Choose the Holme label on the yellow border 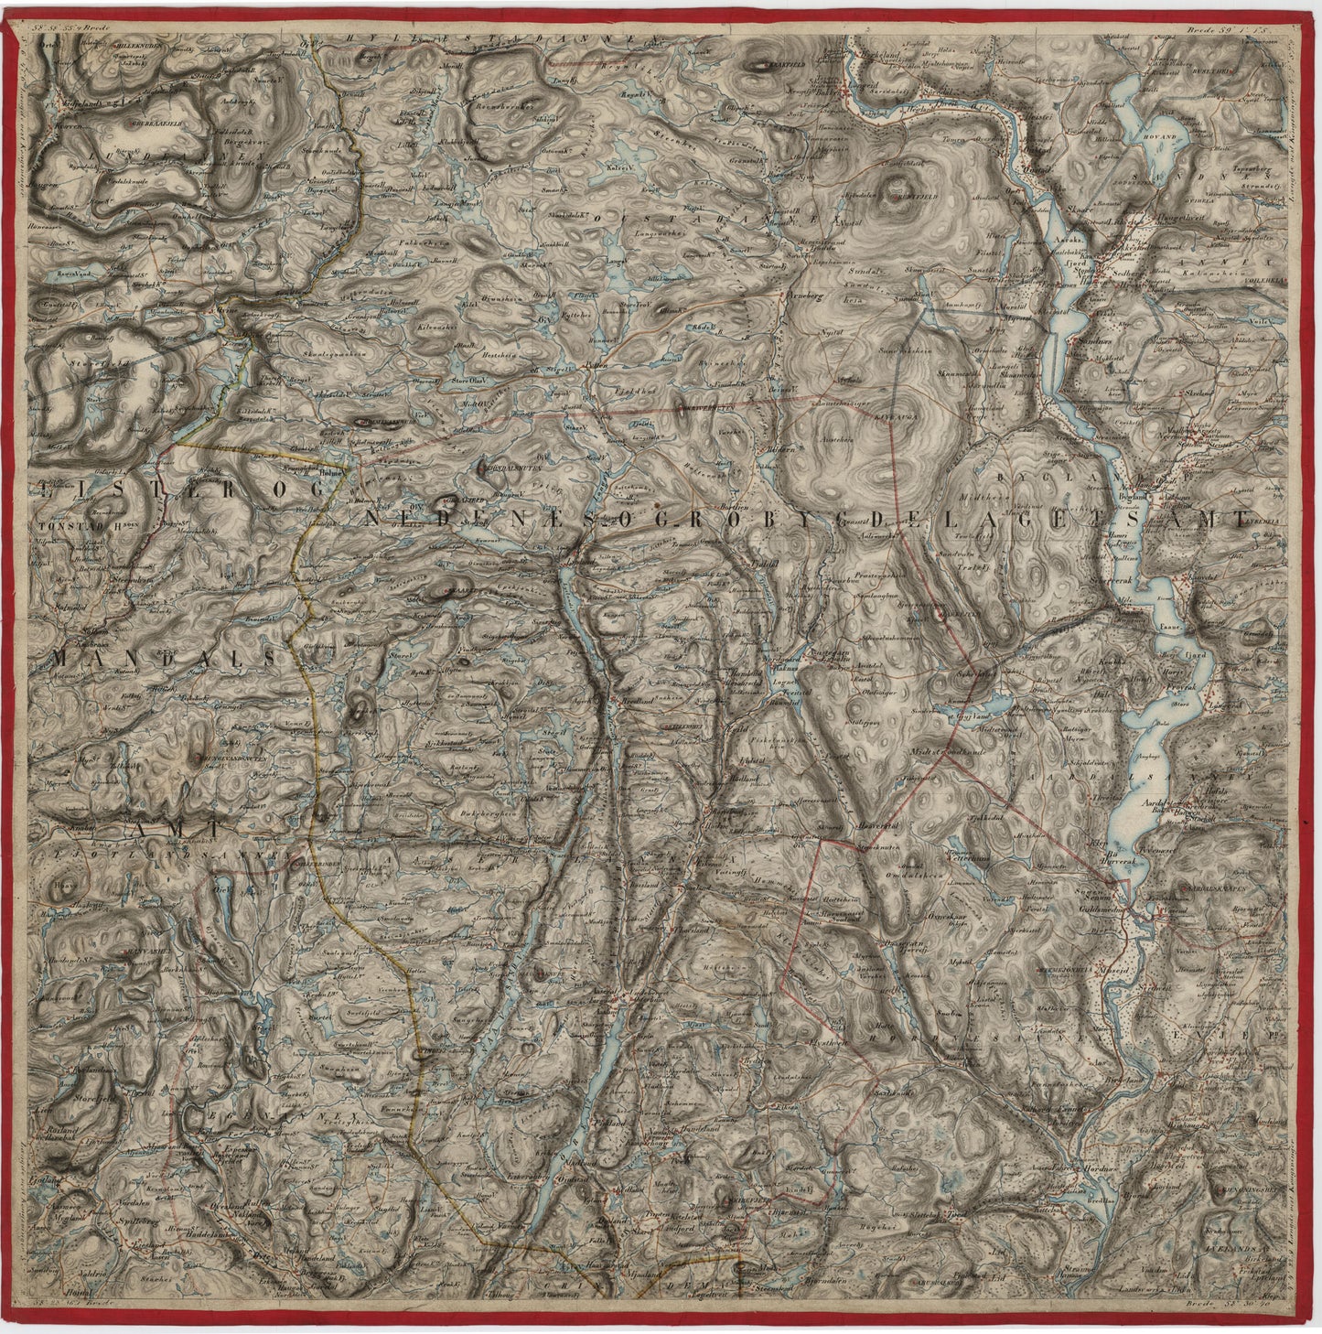point(329,473)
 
